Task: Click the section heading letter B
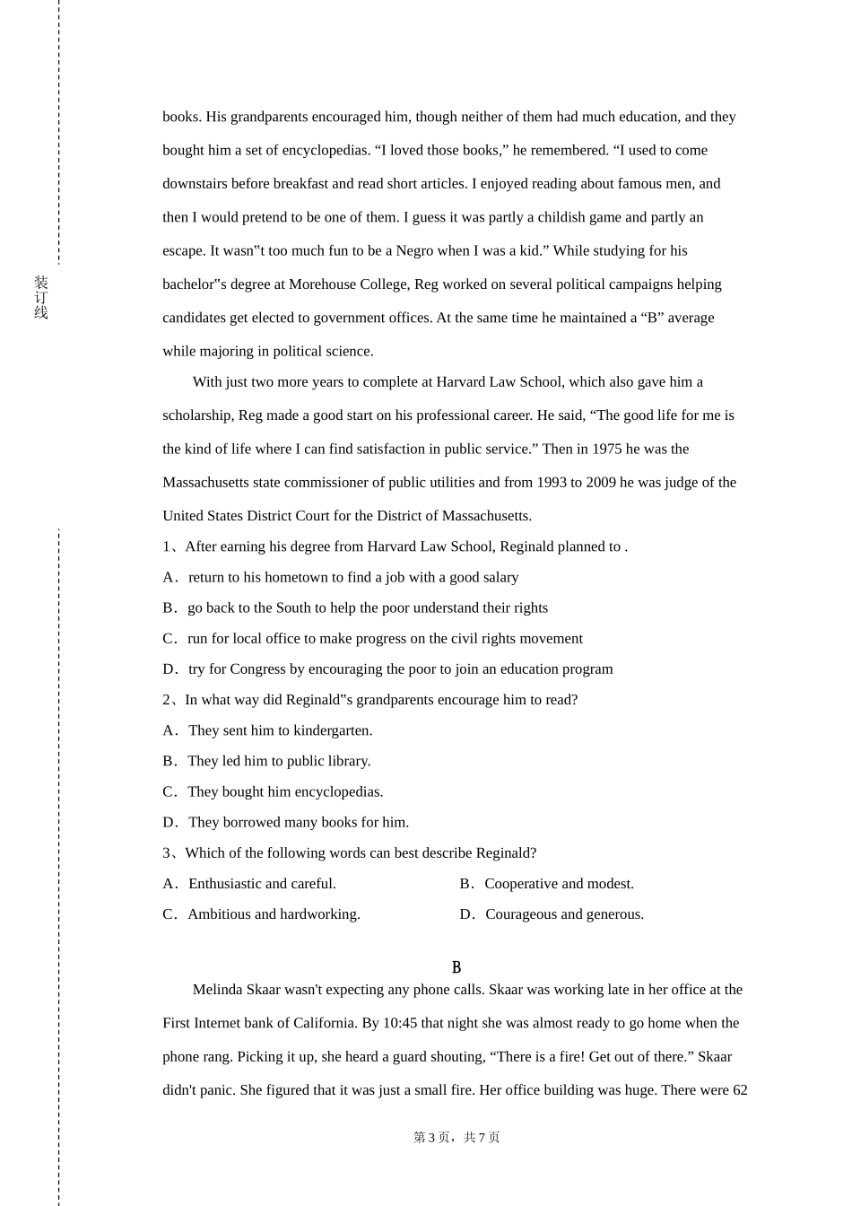[x=456, y=967]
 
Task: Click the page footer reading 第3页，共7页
[x=456, y=1137]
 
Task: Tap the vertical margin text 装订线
[x=41, y=298]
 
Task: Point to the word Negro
[x=415, y=251]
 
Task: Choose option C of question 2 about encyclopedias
[x=273, y=791]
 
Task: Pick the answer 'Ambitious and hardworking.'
[x=273, y=914]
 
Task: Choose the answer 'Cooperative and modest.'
[x=558, y=884]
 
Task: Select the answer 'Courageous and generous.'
[x=564, y=914]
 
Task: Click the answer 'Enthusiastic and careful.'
[x=261, y=884]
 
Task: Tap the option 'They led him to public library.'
[x=278, y=761]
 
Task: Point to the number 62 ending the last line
[x=740, y=1090]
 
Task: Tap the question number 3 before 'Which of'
[x=166, y=853]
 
